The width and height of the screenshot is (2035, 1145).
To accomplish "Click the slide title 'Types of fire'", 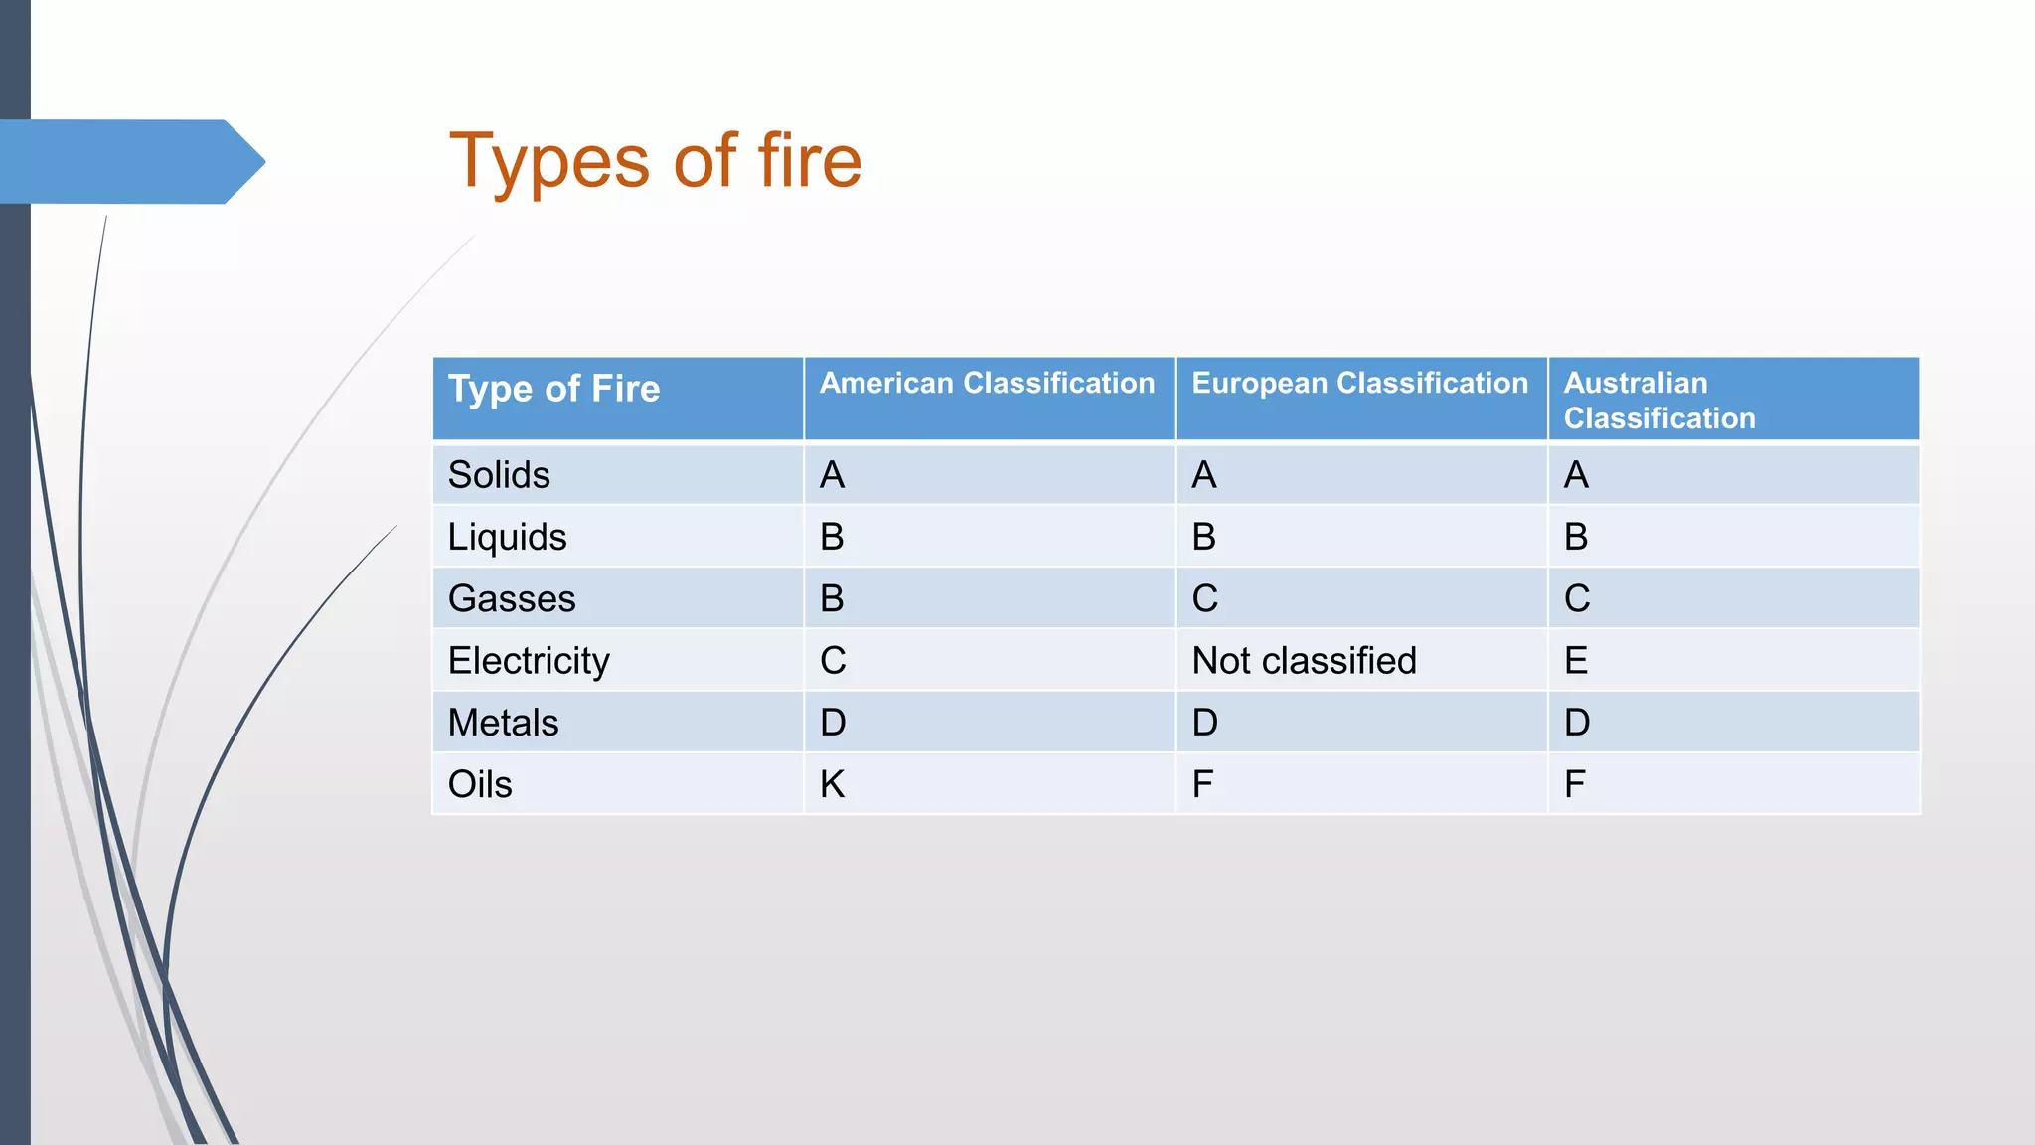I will coord(655,161).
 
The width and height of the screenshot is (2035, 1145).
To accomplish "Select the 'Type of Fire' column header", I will coord(553,389).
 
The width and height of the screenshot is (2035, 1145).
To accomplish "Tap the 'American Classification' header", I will coord(987,384).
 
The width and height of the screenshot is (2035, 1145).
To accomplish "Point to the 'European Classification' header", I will coord(1359,384).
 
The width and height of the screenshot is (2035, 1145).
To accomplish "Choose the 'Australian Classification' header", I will coord(1659,401).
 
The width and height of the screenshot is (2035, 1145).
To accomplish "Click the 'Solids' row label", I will coord(499,475).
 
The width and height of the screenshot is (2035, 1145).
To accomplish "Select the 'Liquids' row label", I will coord(507,537).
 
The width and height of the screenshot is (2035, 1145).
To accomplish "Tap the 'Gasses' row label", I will coord(512,598).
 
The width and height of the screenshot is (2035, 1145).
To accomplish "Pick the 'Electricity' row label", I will coord(529,661).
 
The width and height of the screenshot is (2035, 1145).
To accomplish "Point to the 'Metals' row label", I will coord(503,723).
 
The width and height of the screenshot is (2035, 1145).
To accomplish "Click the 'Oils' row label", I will coord(480,784).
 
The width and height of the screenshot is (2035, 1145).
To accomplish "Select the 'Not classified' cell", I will coord(1304,661).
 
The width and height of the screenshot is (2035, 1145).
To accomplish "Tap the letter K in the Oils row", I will coord(833,784).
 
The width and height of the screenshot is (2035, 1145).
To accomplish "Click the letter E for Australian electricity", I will coord(1576,661).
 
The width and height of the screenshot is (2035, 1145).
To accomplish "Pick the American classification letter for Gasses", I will coord(832,598).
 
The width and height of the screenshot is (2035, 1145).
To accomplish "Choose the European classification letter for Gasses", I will coord(1204,598).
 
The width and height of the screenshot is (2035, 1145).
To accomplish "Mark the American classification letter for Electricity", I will coord(833,661).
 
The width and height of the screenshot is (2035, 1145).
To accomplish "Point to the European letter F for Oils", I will coord(1202,784).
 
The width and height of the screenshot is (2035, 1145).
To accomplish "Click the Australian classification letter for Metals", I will coord(1577,723).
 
